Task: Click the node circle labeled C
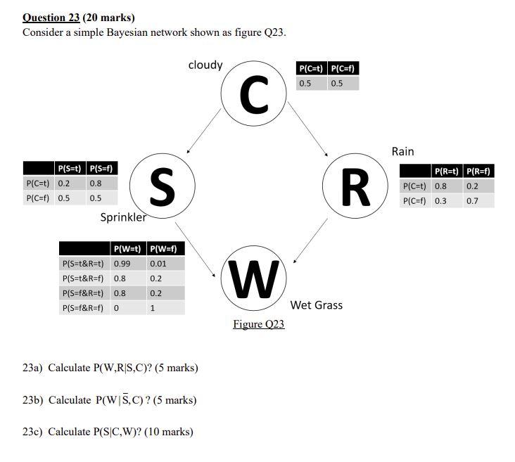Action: pyautogui.click(x=254, y=95)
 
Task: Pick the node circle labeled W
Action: pyautogui.click(x=254, y=279)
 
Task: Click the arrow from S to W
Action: pyautogui.click(x=196, y=248)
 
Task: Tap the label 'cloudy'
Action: pyautogui.click(x=205, y=65)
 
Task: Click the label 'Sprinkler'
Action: pyautogui.click(x=123, y=217)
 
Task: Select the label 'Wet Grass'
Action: pyautogui.click(x=316, y=304)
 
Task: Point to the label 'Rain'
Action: pyautogui.click(x=402, y=151)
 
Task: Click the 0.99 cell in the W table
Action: pyautogui.click(x=122, y=264)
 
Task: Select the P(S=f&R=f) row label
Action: pyautogui.click(x=84, y=308)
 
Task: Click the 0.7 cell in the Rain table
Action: pyautogui.click(x=472, y=201)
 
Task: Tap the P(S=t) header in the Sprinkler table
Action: pyautogui.click(x=70, y=168)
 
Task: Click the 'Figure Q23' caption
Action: pyautogui.click(x=259, y=324)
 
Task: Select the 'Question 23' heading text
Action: pyautogui.click(x=51, y=18)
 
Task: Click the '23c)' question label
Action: pyautogui.click(x=32, y=431)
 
